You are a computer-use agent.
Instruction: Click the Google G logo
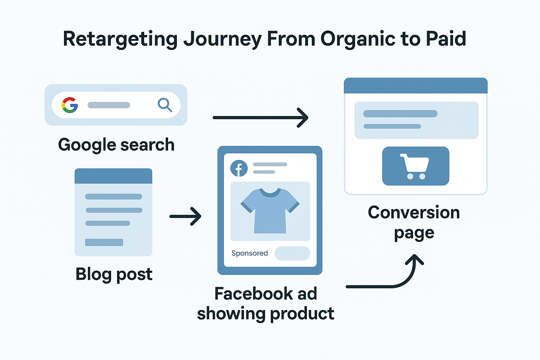[x=70, y=105]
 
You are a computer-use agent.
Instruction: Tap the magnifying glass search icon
[x=165, y=105]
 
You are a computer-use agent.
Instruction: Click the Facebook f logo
[x=239, y=168]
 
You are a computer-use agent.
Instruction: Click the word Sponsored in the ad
[x=250, y=253]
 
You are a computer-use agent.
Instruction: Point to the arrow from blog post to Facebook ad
[x=185, y=216]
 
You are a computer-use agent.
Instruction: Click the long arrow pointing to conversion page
[x=260, y=117]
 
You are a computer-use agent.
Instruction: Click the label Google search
[x=116, y=145]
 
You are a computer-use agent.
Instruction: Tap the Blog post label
[x=114, y=274]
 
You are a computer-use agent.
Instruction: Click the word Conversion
[x=414, y=212]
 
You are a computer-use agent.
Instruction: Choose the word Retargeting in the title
[x=120, y=39]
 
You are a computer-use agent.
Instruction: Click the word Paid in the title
[x=446, y=39]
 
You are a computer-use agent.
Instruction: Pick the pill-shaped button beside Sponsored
[x=292, y=253]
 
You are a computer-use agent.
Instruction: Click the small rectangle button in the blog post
[x=104, y=242]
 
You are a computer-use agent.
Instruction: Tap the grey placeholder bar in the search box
[x=109, y=105]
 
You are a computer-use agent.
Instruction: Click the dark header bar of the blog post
[x=113, y=176]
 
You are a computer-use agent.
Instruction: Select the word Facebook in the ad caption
[x=253, y=294]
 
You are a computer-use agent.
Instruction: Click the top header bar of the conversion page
[x=416, y=85]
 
